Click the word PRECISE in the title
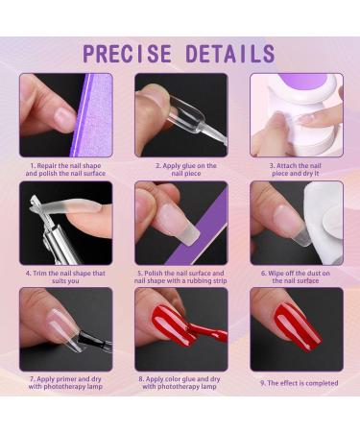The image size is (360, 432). pyautogui.click(x=128, y=53)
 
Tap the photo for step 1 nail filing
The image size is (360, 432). pyautogui.click(x=65, y=114)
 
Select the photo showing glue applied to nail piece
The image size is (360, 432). pyautogui.click(x=180, y=114)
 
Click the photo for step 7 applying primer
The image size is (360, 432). pyautogui.click(x=65, y=329)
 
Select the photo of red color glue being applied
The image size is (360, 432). pyautogui.click(x=180, y=329)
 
